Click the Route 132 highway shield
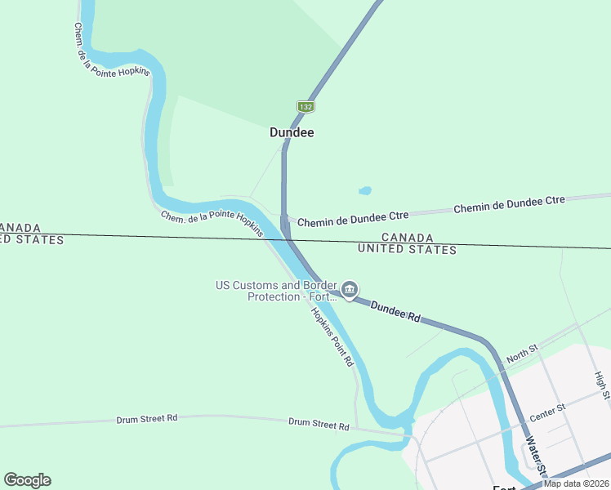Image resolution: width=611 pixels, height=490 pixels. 305,107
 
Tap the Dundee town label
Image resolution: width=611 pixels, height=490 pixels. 292,132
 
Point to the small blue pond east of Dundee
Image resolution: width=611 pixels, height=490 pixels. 365,191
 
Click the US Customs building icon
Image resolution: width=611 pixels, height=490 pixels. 350,290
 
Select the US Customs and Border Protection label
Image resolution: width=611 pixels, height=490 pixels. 276,291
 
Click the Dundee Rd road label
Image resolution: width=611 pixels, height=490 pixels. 395,311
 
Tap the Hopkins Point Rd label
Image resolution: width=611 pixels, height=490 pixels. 332,336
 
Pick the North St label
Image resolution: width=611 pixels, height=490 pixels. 522,354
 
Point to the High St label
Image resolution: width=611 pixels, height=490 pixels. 601,385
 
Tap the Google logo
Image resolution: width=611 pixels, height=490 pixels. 27,480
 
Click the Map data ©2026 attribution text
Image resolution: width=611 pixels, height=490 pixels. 576,483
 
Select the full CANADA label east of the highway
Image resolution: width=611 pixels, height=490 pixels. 407,238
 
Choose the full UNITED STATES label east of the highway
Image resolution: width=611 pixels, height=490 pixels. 407,249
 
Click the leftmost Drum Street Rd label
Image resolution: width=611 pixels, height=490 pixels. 147,418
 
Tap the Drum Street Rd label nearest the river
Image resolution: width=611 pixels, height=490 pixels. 319,425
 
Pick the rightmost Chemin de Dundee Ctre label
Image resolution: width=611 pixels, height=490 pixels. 509,204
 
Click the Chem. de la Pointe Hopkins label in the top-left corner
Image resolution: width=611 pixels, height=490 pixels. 111,50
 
